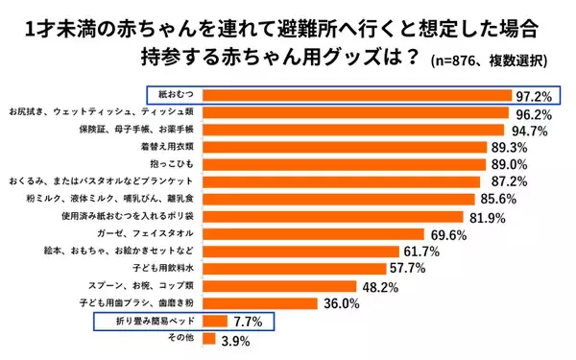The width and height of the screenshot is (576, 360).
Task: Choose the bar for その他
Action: pos(209,338)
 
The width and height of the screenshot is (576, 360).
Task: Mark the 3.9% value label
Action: pos(236,339)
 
